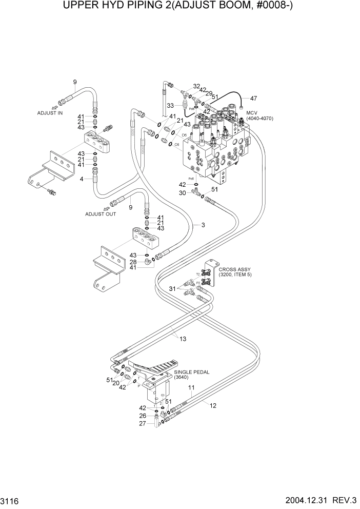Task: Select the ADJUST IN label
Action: tap(50, 112)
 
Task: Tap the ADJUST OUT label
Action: tap(100, 214)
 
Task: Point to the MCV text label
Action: tap(252, 113)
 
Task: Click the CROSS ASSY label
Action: tap(233, 269)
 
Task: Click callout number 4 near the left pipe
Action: tap(82, 179)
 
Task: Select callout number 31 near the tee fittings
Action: tap(173, 289)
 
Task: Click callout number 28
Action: tap(133, 262)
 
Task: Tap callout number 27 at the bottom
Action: tap(143, 423)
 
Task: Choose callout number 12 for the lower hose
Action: tap(213, 405)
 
